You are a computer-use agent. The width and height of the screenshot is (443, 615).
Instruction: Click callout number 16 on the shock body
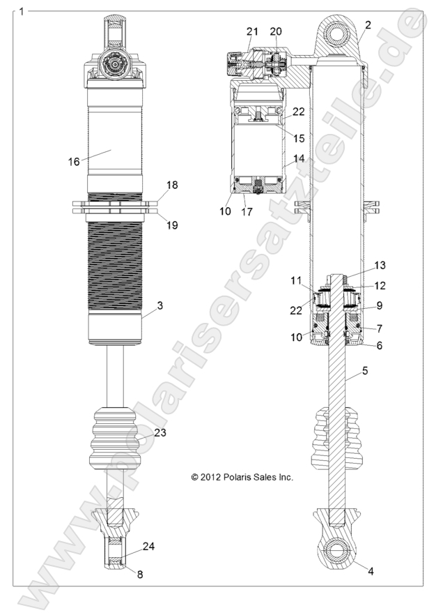(x=74, y=161)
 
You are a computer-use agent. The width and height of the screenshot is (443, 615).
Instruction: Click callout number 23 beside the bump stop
(x=160, y=432)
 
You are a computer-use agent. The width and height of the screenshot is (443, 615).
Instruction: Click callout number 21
(x=252, y=31)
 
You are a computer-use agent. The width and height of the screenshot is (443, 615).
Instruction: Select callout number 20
(x=277, y=31)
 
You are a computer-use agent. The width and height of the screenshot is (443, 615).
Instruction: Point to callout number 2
(x=368, y=25)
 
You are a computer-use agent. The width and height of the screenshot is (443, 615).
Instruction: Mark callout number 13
(x=380, y=266)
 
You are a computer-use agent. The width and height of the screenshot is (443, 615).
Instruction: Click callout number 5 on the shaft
(x=364, y=371)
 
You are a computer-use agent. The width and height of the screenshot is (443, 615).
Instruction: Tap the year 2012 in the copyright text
(x=211, y=478)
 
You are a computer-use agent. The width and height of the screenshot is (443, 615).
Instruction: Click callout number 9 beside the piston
(x=380, y=305)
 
